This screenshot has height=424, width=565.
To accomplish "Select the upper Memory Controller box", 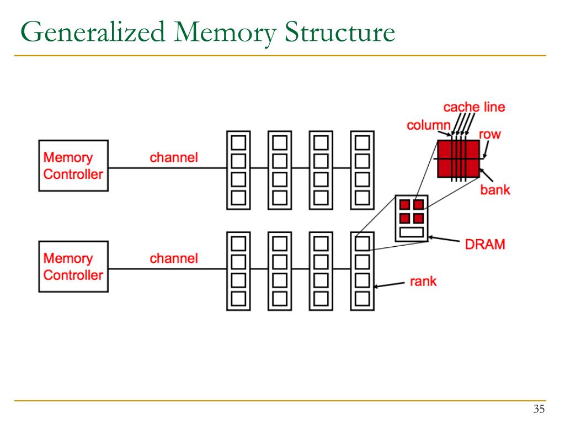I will coord(73,166).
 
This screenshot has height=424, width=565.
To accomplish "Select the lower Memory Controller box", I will coord(73,267).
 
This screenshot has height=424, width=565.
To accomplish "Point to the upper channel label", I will coord(173,158).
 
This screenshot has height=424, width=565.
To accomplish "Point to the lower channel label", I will coord(173,258).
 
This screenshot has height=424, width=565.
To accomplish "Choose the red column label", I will coord(428,125).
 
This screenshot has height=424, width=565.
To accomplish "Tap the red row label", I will coord(489,134).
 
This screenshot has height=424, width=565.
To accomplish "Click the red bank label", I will coord(494,190).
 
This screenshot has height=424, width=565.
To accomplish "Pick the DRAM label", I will coord(485,244).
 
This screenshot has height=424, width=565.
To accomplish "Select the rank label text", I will coord(423,282).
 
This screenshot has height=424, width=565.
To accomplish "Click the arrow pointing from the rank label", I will coord(390,285).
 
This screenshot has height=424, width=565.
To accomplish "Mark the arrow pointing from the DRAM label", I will coord(445,240).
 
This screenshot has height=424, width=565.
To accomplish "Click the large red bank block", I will coord(458,158).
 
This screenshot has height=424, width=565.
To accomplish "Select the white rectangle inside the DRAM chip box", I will coord(412,232).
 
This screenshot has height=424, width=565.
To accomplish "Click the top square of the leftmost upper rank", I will coord(238,142).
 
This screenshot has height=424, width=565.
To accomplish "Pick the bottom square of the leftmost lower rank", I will coord(238,299).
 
